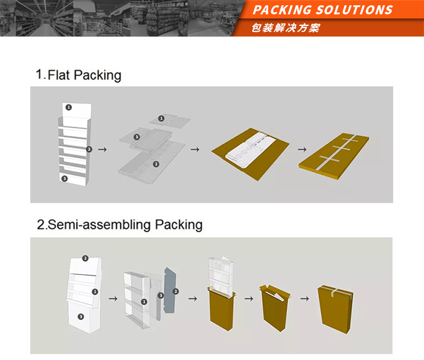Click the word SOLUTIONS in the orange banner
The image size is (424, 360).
click(354, 10)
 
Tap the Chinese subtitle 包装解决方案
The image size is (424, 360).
click(286, 28)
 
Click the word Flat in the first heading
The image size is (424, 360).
click(59, 75)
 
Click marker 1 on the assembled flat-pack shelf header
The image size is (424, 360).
click(69, 108)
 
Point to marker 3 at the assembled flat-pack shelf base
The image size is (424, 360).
click(64, 179)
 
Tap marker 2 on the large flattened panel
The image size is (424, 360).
click(156, 164)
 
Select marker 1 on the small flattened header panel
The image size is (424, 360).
click(161, 118)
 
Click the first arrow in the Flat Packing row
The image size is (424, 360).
click(102, 150)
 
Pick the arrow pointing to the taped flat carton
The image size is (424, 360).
click(302, 150)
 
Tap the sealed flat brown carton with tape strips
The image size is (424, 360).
click(334, 155)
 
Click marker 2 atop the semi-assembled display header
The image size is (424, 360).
click(85, 258)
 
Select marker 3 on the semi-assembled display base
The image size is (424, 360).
click(81, 317)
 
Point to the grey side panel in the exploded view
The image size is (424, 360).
click(170, 290)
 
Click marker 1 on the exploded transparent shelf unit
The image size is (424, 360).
click(144, 302)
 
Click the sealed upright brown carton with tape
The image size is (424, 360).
click(335, 309)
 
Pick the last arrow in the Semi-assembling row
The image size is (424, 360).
click(305, 298)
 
